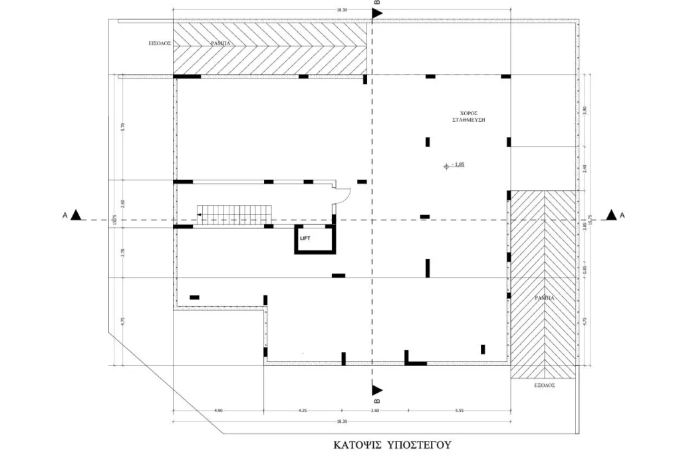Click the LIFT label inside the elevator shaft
(x=305, y=236)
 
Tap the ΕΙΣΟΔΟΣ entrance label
(x=160, y=43)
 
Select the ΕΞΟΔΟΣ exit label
(x=545, y=385)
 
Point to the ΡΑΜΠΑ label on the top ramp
(x=221, y=43)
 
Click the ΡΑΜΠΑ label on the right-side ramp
(x=544, y=298)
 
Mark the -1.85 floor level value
(x=457, y=164)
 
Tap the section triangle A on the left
(x=76, y=215)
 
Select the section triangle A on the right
(x=611, y=215)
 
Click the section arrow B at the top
(x=376, y=13)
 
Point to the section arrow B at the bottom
(x=376, y=390)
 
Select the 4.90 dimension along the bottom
(x=218, y=411)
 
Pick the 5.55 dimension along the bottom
(x=459, y=411)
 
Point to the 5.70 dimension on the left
(x=122, y=127)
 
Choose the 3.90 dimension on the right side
(x=585, y=111)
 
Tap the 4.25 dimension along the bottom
(x=303, y=411)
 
